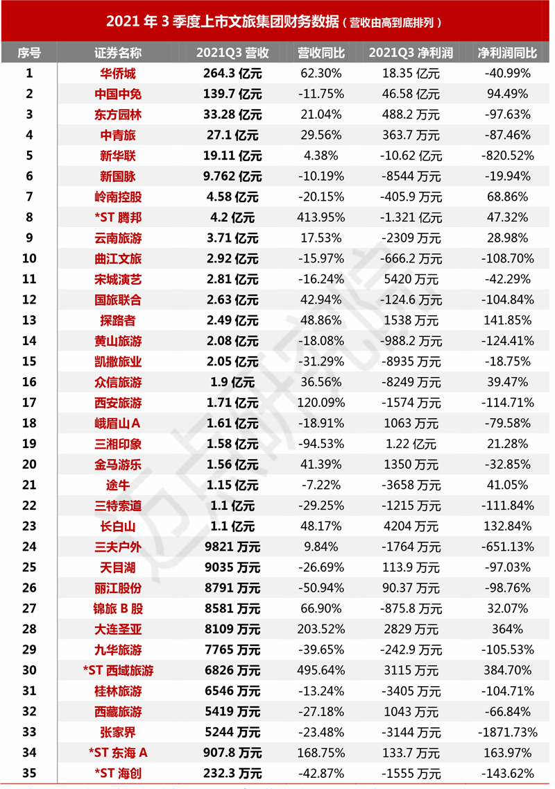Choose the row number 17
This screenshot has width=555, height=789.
click(x=29, y=403)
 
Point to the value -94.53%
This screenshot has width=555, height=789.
click(x=320, y=445)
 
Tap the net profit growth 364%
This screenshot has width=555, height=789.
click(x=508, y=630)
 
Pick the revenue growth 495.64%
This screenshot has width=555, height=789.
click(x=320, y=671)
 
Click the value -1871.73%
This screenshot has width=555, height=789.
click(x=508, y=733)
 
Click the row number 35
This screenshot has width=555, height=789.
click(x=29, y=773)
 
